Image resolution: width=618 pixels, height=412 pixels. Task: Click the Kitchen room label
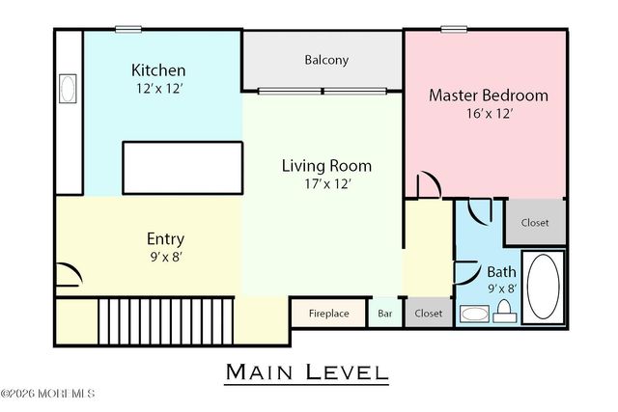[x=158, y=70]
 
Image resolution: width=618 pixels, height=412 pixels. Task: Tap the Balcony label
[x=326, y=60]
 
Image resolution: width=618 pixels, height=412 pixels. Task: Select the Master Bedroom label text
[x=488, y=96]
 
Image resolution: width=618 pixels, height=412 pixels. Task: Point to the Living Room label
[x=326, y=166]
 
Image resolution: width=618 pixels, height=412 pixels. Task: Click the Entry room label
[x=165, y=239]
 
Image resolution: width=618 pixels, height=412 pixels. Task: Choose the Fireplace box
[x=328, y=314]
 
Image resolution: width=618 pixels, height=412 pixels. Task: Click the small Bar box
[x=384, y=314]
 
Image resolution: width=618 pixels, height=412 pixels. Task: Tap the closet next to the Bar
[x=428, y=314]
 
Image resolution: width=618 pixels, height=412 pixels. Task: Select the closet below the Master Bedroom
[x=535, y=223]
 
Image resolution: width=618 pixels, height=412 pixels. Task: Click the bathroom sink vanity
[x=474, y=314]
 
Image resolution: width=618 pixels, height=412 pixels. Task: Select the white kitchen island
[x=183, y=168]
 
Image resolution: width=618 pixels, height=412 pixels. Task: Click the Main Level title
[x=306, y=371]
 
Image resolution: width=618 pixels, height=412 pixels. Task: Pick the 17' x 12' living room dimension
[x=326, y=185]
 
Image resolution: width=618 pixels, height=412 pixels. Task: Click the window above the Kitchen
[x=127, y=29]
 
